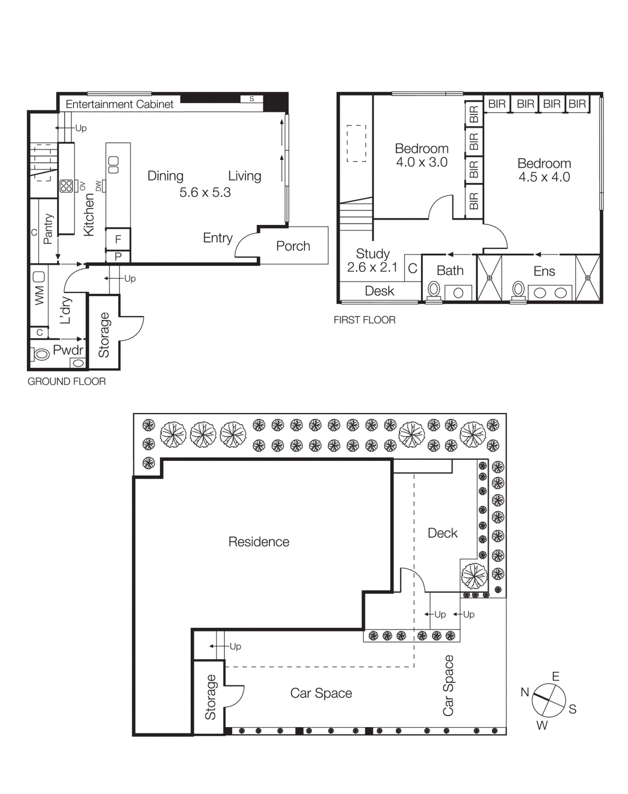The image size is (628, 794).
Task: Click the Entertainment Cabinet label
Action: coord(119,104)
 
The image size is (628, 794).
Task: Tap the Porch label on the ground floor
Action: coord(293,246)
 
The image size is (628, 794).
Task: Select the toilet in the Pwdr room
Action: coord(41,354)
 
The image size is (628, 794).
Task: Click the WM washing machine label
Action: coord(39,295)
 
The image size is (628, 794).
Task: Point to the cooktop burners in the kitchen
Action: coord(66,186)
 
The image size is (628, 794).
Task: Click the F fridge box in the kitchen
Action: coord(118,239)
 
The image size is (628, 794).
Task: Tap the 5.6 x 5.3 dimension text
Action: coord(205,193)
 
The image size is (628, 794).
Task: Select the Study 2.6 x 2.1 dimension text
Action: coord(372,267)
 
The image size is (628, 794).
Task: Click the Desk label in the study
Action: coord(379,291)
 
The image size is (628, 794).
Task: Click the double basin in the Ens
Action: coord(550,293)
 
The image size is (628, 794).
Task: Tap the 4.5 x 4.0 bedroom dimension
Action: coord(544,177)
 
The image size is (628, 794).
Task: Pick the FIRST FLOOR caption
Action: coord(364,320)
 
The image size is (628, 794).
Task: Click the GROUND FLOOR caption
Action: coord(67,382)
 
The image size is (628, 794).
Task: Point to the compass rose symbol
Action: coord(549,700)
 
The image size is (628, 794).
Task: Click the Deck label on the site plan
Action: coord(442,533)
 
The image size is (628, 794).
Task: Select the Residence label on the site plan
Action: coord(259,541)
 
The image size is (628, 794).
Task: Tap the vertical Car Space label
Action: coord(448,685)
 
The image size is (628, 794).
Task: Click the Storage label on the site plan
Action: coord(210,697)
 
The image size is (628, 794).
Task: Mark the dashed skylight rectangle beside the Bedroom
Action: coord(356,143)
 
